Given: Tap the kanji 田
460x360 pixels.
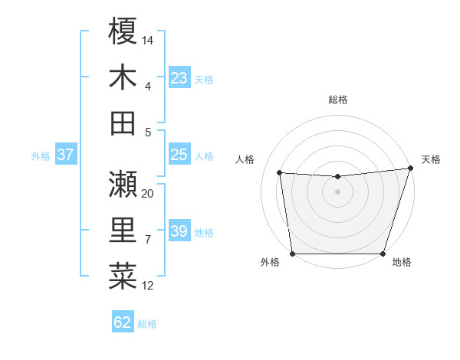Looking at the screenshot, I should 123,123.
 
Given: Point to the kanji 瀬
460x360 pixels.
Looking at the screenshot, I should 123,184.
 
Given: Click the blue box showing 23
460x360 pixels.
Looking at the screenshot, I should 179,77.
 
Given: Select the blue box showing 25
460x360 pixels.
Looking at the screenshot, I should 179,155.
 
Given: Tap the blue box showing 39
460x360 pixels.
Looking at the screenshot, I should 179,231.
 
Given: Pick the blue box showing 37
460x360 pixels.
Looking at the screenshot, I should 65,155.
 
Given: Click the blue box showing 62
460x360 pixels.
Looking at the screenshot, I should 123,322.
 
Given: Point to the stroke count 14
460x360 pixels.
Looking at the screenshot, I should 148,39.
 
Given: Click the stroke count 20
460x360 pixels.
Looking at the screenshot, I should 148,194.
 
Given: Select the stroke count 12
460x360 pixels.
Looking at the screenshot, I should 148,286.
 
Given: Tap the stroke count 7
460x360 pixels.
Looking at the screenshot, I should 148,240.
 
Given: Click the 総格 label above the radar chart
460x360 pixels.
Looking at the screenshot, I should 337,100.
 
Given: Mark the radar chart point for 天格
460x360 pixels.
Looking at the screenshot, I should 410,169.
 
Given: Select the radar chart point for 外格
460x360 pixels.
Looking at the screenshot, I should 292,254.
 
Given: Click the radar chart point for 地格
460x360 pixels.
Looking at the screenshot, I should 383,254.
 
